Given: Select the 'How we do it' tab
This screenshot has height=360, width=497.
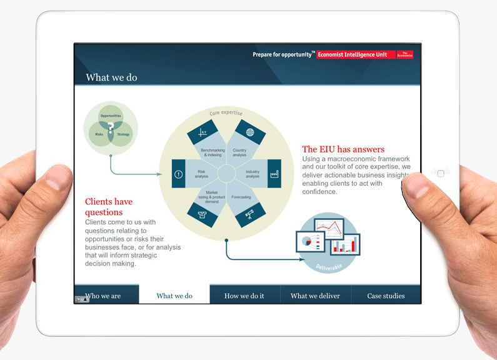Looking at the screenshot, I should (244, 296).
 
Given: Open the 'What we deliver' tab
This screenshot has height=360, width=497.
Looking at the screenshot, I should (315, 296).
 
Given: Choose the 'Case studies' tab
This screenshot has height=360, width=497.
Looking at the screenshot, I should (386, 296).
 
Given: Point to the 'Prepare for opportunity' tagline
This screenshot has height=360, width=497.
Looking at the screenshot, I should (283, 54).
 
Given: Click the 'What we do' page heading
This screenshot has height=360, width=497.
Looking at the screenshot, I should (111, 77).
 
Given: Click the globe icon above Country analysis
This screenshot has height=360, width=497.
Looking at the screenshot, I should (250, 132).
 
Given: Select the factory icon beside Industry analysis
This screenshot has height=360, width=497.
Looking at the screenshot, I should (273, 174).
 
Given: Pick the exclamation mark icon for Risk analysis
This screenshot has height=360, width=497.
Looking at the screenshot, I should (179, 174).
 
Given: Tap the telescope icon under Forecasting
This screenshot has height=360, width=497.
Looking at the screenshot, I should (249, 216).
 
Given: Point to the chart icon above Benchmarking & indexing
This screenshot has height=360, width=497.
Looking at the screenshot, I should (203, 132).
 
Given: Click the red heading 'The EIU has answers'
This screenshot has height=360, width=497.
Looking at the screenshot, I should (343, 149).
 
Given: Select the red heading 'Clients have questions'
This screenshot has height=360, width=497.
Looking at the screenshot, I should (109, 207).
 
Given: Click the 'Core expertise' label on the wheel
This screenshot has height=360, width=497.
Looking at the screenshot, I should (226, 113).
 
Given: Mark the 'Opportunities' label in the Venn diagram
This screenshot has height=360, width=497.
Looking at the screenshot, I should (111, 116).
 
